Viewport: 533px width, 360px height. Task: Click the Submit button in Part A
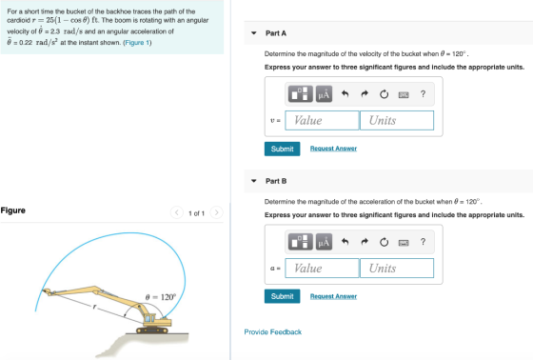282,149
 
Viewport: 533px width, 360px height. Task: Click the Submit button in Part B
282,296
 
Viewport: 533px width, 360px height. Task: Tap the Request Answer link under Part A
333,149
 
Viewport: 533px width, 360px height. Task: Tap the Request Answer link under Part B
333,296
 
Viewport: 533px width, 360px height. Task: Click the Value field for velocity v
322,120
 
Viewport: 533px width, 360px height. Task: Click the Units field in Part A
397,120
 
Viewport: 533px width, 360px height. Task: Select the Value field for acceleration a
322,269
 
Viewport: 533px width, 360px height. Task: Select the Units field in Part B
397,269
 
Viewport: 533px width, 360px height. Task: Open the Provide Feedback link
272,332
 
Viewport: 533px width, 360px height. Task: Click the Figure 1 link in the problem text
137,43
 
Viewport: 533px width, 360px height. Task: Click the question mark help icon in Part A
423,94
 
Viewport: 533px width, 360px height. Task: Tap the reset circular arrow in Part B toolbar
385,242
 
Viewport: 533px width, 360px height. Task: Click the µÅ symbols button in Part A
324,94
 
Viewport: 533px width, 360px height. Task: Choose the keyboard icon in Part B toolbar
404,243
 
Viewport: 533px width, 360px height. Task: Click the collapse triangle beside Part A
254,33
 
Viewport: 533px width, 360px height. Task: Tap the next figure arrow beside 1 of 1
217,212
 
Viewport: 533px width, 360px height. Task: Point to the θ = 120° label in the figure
161,297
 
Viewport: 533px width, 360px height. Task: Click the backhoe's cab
149,318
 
